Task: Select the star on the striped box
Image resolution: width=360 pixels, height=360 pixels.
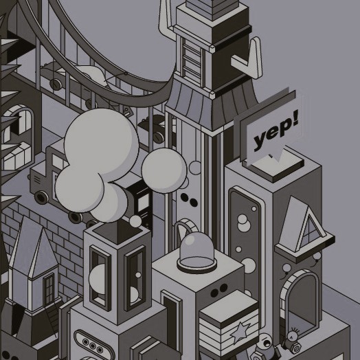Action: coord(240,333)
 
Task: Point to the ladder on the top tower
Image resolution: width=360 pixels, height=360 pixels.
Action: coord(192,62)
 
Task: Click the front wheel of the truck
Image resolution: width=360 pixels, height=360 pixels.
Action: coord(41,197)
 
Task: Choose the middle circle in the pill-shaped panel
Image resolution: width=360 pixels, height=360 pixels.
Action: coord(93,346)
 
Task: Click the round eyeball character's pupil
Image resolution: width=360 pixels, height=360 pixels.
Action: coord(267,344)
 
